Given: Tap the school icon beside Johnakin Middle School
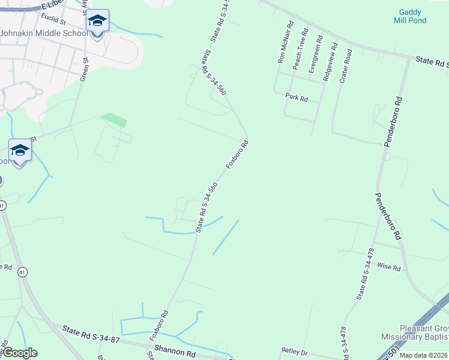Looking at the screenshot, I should point(97,22).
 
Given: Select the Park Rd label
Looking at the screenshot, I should point(297,97).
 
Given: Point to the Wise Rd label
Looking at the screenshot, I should point(389,268).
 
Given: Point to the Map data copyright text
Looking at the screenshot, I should point(424,355).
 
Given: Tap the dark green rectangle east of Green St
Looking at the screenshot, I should point(113,119).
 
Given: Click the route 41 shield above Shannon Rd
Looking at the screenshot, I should point(22,272).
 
